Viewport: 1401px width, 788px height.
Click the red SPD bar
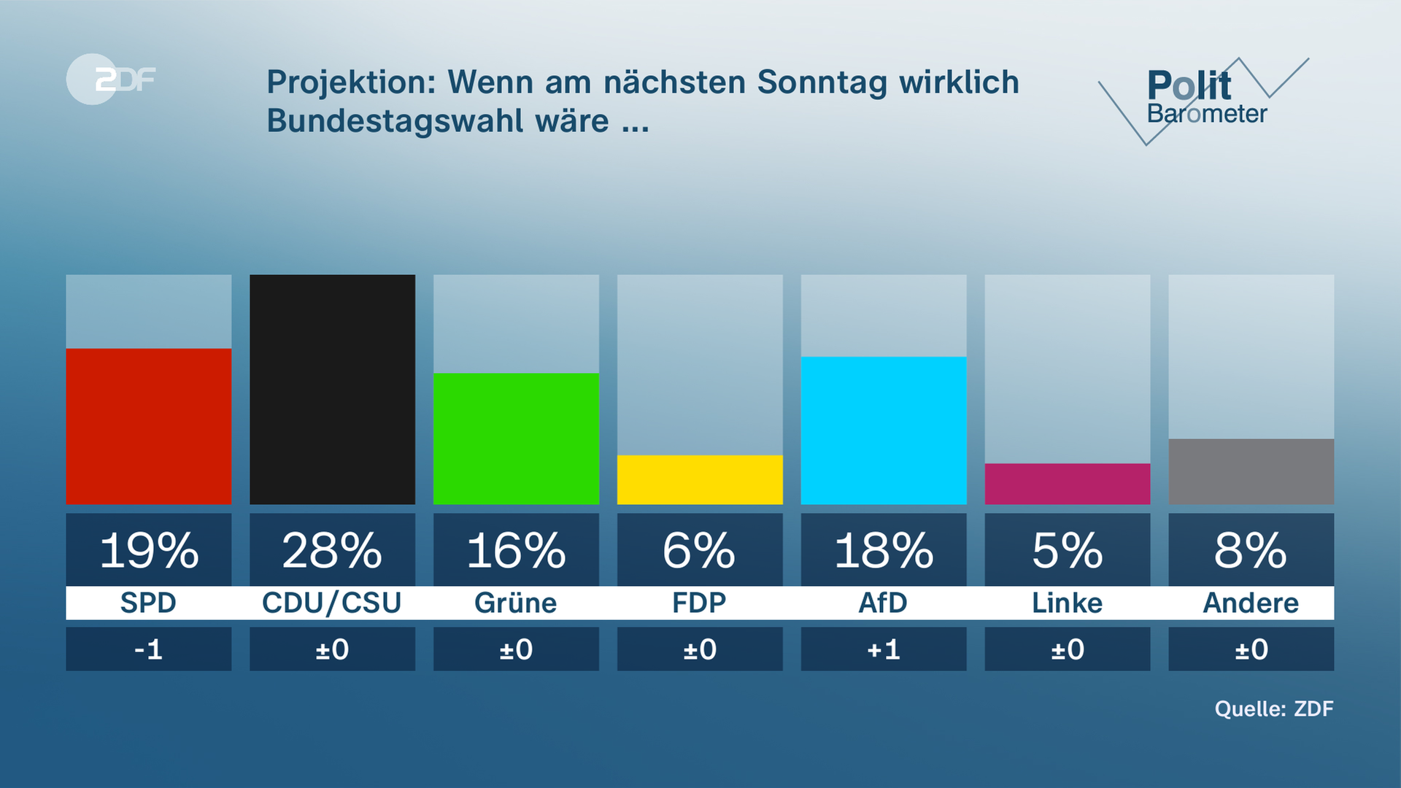pyautogui.click(x=149, y=426)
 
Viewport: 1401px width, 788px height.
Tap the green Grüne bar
pyautogui.click(x=516, y=439)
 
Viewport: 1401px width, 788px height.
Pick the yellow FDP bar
pyautogui.click(x=700, y=479)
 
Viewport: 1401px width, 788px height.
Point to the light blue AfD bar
pyautogui.click(x=884, y=430)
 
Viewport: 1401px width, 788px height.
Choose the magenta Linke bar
pyautogui.click(x=1068, y=484)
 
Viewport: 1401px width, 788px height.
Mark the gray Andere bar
pyautogui.click(x=1251, y=471)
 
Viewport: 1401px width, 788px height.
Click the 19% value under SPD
pyautogui.click(x=149, y=550)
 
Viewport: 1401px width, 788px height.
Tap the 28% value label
pyautogui.click(x=332, y=550)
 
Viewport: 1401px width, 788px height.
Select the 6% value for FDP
pyautogui.click(x=700, y=550)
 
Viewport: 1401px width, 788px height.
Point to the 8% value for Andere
pyautogui.click(x=1251, y=550)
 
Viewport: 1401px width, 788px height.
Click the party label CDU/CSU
pyautogui.click(x=332, y=603)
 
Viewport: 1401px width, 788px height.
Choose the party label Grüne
pyautogui.click(x=516, y=603)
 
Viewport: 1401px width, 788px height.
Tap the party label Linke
pyautogui.click(x=1068, y=603)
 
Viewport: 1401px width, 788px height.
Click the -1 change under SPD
pyautogui.click(x=149, y=649)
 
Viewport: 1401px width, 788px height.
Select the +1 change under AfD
pyautogui.click(x=884, y=649)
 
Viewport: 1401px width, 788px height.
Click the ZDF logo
pyautogui.click(x=111, y=79)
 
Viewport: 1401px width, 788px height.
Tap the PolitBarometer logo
pyautogui.click(x=1204, y=98)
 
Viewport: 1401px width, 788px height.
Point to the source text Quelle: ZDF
pyautogui.click(x=1274, y=708)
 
